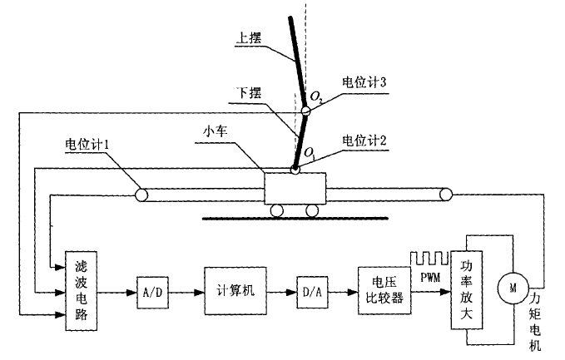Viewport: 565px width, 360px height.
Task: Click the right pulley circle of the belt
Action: click(x=446, y=195)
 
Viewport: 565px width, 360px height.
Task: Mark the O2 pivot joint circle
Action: click(x=305, y=108)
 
